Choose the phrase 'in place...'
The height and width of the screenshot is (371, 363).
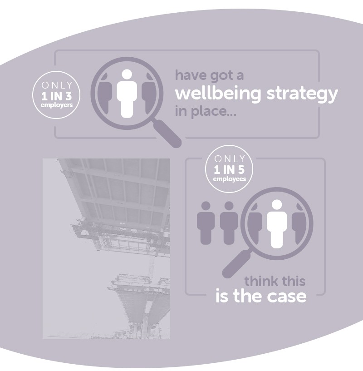click(203, 110)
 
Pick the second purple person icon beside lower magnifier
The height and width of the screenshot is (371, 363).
click(229, 223)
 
